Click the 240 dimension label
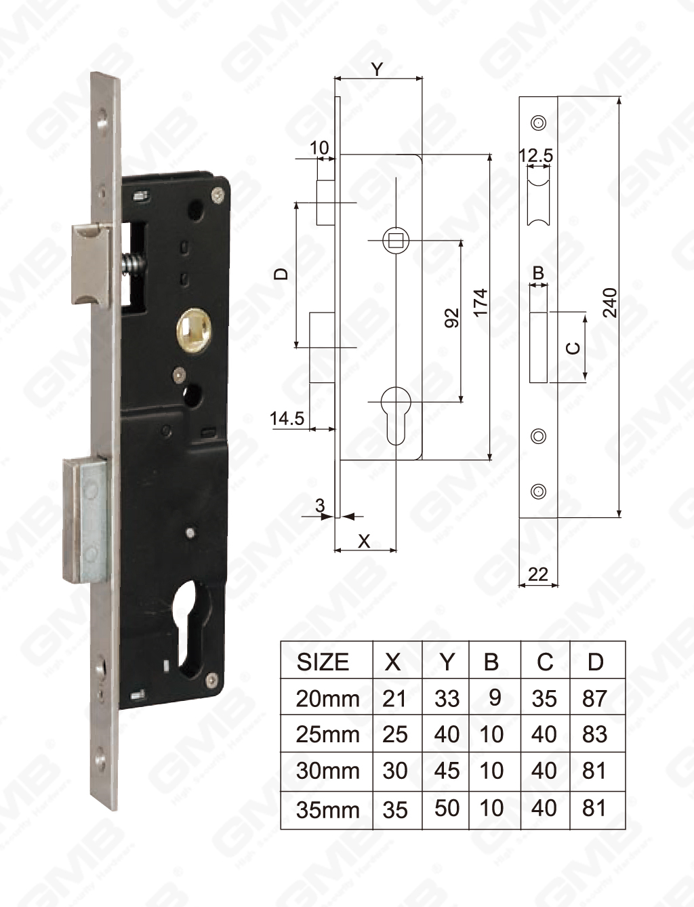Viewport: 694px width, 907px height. [610, 303]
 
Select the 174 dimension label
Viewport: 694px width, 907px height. [481, 303]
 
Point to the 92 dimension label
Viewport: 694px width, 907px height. [452, 317]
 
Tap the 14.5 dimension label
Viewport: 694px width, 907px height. [287, 418]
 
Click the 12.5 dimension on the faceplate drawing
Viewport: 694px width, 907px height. [536, 155]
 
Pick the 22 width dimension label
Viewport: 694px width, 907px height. [537, 574]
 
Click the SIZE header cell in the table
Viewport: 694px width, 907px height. [323, 662]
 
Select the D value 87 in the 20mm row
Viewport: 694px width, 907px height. [594, 698]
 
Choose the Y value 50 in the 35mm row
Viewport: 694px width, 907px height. [447, 808]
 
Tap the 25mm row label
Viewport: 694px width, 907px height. [327, 734]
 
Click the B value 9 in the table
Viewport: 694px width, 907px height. [495, 698]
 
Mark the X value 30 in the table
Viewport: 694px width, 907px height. [394, 771]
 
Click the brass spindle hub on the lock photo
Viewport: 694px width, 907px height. [193, 326]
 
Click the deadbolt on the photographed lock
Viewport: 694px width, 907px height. [85, 521]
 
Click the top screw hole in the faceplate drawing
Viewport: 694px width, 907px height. [539, 123]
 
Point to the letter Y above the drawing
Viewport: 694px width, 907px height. [377, 68]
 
